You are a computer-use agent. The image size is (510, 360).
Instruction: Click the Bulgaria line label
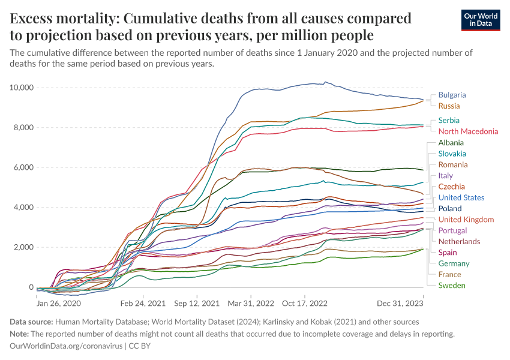(452, 95)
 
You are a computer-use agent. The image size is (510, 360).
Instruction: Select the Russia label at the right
(449, 106)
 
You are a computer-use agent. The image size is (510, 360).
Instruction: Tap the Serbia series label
(449, 121)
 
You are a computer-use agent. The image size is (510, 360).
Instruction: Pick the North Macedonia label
(468, 131)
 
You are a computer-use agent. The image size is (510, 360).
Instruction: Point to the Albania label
(451, 143)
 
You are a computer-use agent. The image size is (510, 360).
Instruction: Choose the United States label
(461, 197)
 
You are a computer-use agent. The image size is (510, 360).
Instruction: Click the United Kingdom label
(466, 220)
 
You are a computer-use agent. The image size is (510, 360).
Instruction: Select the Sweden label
(452, 286)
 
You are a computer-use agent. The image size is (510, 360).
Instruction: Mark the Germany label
(454, 263)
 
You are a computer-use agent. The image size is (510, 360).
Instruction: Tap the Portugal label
(452, 230)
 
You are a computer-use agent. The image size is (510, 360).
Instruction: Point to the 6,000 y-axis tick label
(22, 167)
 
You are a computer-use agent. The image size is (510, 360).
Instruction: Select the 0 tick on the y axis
(30, 287)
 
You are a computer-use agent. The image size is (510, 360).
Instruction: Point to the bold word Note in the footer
(20, 334)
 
